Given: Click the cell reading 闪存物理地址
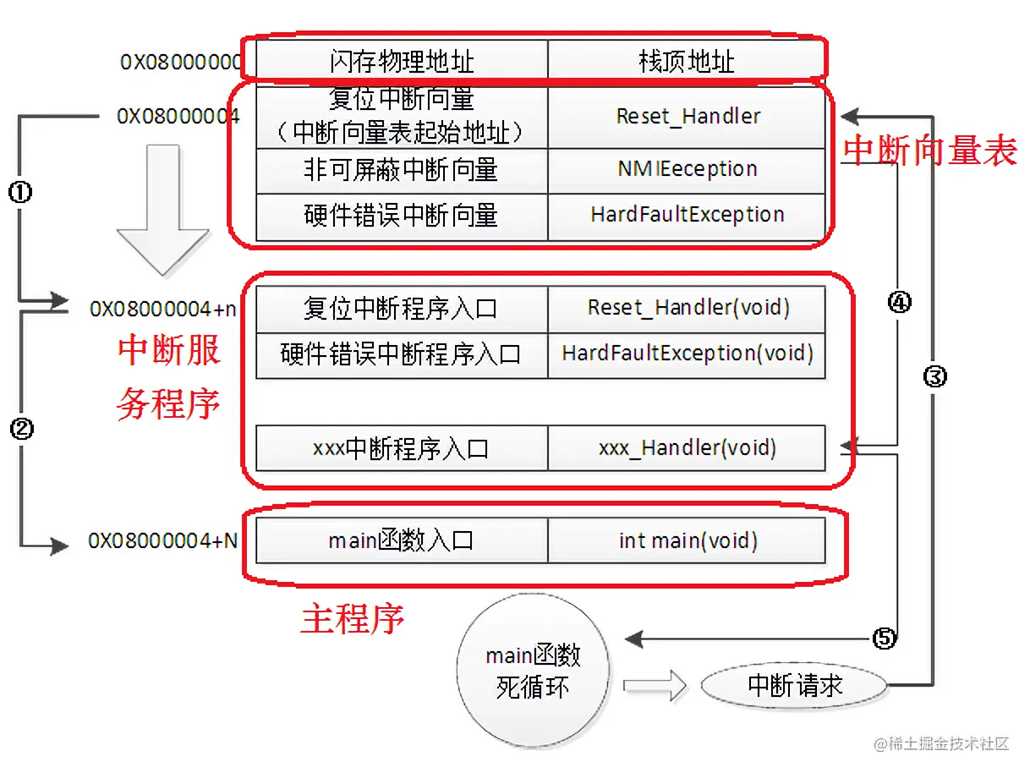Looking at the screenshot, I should (x=402, y=61).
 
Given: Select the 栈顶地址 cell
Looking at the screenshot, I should (x=686, y=61).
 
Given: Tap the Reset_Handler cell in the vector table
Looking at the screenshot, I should (x=687, y=116).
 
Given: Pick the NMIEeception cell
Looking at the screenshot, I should (x=687, y=169).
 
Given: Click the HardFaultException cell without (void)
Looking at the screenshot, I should (x=687, y=215).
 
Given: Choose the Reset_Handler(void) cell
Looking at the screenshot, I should (x=687, y=308).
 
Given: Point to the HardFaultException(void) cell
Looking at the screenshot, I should (x=687, y=353).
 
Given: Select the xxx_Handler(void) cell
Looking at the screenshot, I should (x=687, y=447).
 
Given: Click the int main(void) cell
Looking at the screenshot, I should (x=687, y=540).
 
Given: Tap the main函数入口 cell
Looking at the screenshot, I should (x=402, y=540).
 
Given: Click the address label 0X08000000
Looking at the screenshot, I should (x=180, y=62).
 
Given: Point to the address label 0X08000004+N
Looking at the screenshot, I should (x=163, y=540).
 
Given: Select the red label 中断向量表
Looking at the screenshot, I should (x=929, y=151).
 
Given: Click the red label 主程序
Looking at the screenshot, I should (x=353, y=620).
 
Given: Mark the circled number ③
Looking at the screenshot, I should (x=934, y=377).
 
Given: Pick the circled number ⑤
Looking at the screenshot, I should (x=883, y=638).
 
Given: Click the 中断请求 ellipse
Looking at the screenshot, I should (x=795, y=685).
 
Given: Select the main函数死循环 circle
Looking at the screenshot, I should (x=533, y=672).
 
